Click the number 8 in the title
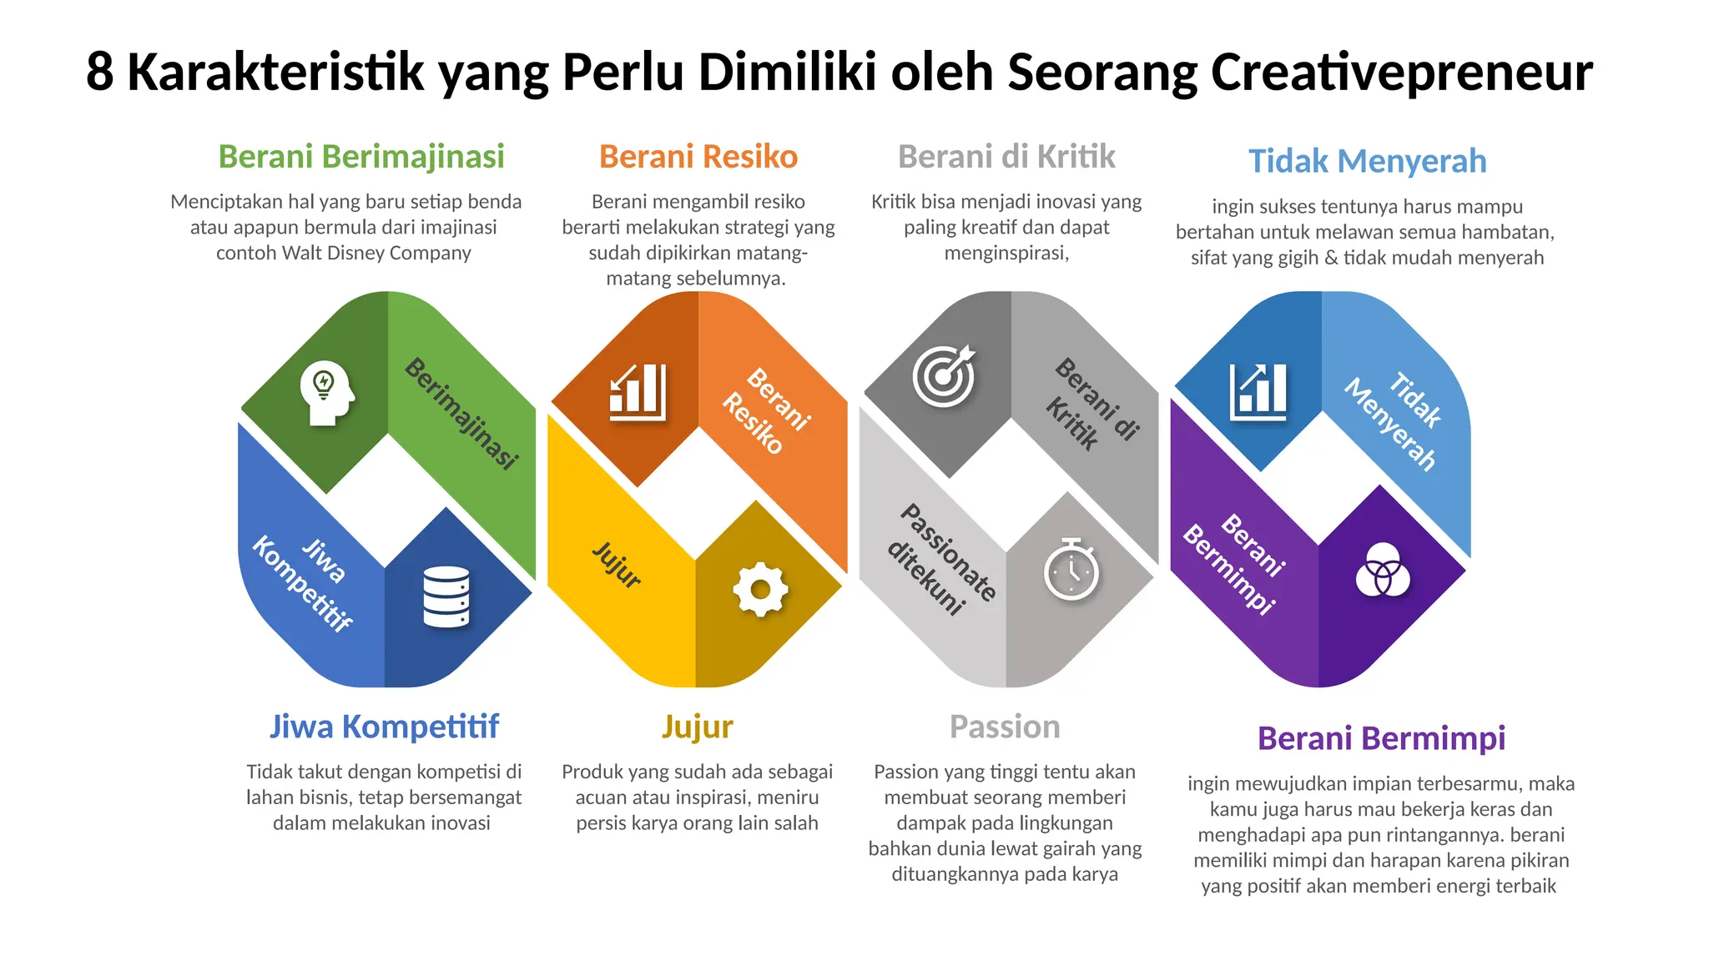point(99,73)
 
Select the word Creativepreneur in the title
point(1401,73)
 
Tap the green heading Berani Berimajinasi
point(361,157)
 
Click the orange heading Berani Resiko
point(698,157)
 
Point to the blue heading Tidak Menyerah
point(1367,161)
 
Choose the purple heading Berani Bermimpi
point(1381,738)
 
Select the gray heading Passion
point(1005,727)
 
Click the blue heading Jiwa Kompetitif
point(384,727)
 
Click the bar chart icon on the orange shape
point(638,391)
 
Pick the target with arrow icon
point(945,375)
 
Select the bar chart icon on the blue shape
point(1258,391)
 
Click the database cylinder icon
point(446,596)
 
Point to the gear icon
point(759,590)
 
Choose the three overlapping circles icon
point(1383,570)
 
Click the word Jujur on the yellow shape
point(617,565)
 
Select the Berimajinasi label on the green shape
point(461,413)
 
